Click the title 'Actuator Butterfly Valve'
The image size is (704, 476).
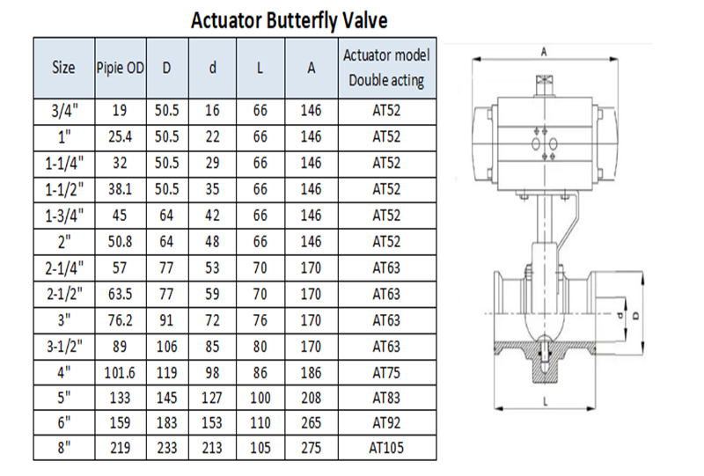(x=290, y=20)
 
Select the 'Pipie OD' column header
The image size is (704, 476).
(x=121, y=68)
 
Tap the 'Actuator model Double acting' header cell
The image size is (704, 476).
(x=386, y=68)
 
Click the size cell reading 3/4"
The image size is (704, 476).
(x=64, y=111)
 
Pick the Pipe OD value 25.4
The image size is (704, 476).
(x=120, y=136)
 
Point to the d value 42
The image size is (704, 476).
(x=212, y=215)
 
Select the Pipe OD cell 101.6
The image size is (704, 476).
(x=120, y=373)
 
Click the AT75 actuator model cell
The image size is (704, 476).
(x=386, y=373)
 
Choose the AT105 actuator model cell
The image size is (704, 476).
(x=386, y=448)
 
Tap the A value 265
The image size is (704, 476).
(x=312, y=422)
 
